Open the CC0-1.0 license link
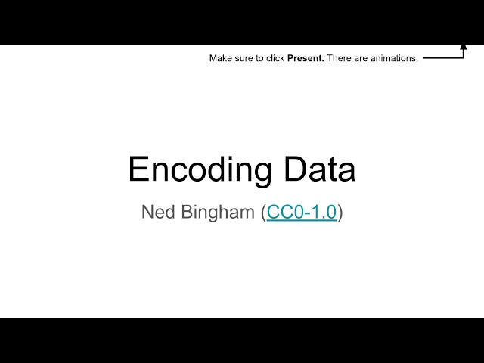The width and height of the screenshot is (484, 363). [302, 213]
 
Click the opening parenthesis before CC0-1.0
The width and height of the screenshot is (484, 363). [264, 213]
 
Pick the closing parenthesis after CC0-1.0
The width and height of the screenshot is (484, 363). [340, 213]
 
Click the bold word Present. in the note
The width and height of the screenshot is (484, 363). [306, 59]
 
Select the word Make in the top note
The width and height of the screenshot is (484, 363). [221, 59]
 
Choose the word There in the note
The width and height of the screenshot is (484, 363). [339, 59]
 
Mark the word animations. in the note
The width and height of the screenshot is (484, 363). [393, 59]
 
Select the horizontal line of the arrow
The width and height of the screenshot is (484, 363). [442, 57]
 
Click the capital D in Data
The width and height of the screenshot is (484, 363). [288, 169]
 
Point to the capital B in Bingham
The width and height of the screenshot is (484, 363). [188, 213]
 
